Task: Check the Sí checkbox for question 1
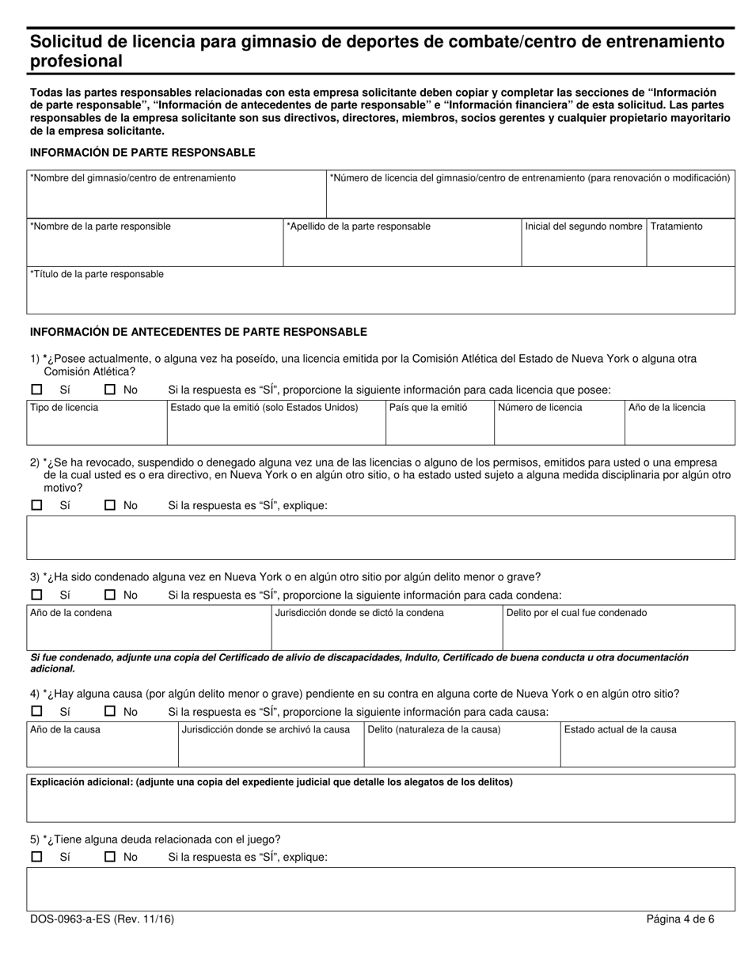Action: coord(36,390)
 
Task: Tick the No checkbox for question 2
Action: coord(111,505)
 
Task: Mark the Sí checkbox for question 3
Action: coord(36,595)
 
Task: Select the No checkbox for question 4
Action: coord(111,712)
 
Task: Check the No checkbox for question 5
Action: coord(111,857)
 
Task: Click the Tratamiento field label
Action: coord(676,226)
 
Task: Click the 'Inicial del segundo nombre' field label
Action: coord(583,226)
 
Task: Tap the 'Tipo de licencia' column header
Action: coord(64,408)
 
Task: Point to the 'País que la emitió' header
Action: coord(428,408)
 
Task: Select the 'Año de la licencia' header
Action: coord(667,408)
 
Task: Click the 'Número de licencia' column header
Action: coord(540,408)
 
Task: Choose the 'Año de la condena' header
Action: coord(70,613)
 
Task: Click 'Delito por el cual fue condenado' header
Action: coord(576,613)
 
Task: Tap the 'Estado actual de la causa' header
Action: coord(620,730)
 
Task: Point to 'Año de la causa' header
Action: coord(65,730)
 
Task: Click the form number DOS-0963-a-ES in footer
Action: coord(101,919)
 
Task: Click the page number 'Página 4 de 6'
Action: coord(680,919)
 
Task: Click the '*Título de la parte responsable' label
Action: coord(97,274)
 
